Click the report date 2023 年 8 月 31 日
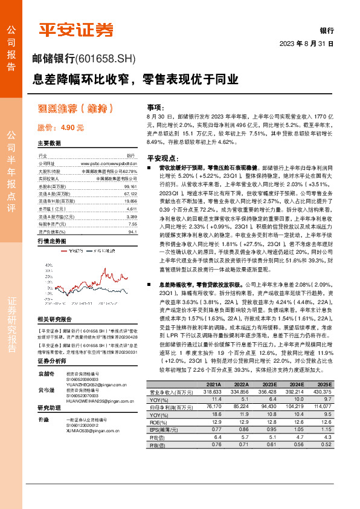(307, 44)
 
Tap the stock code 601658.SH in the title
(108, 59)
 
